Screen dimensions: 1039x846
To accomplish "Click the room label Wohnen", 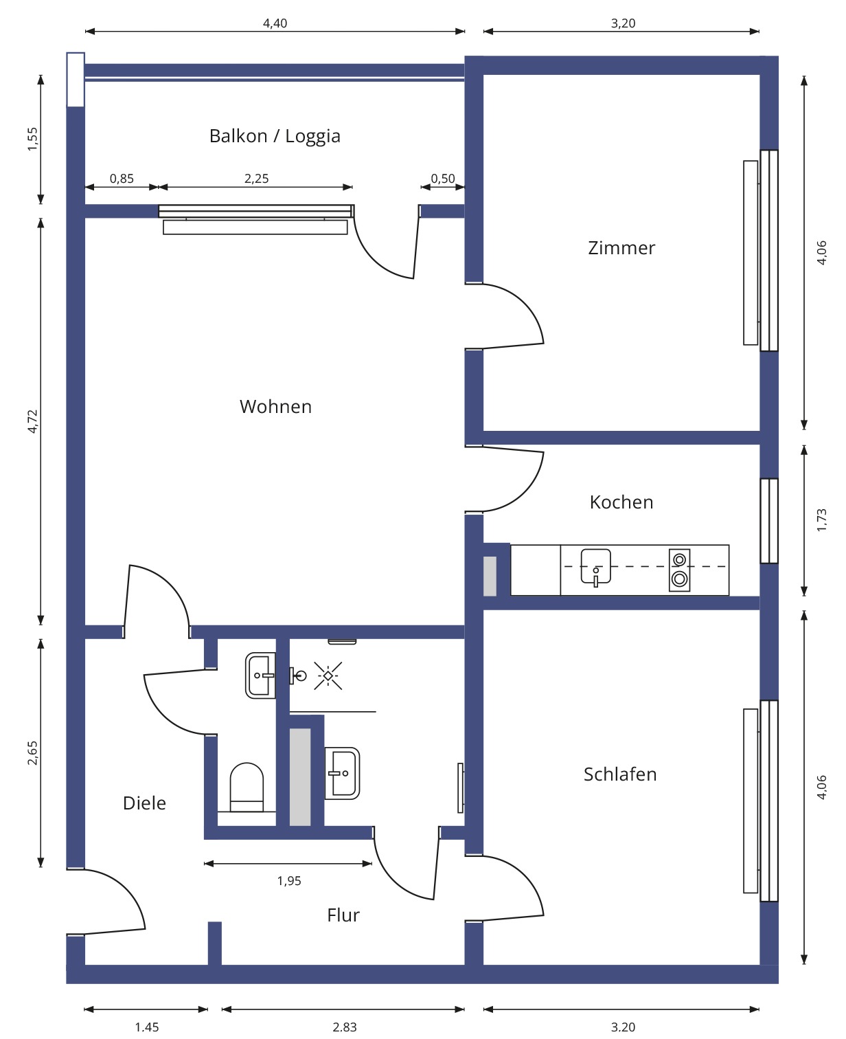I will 275,407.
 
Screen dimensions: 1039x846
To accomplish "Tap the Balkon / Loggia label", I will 275,136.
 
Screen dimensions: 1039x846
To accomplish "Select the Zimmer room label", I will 621,248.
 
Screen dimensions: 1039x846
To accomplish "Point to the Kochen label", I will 621,502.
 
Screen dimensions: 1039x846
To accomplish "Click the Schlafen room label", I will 620,774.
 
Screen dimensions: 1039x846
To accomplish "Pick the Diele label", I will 144,803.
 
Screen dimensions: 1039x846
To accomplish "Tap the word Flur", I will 343,915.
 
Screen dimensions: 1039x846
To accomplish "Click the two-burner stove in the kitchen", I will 679,570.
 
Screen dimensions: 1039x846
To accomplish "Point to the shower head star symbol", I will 328,676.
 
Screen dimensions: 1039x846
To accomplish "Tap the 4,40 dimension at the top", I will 275,23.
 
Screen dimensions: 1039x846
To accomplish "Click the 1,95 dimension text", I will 289,881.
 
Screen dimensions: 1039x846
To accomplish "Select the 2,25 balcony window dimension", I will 256,179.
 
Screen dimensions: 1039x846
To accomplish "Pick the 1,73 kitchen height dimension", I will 822,520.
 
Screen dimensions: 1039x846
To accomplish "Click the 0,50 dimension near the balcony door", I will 443,179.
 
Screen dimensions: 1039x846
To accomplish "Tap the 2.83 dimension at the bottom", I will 345,1027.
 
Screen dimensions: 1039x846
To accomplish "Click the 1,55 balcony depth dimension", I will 32,139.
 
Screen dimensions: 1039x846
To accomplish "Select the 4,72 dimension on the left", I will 32,421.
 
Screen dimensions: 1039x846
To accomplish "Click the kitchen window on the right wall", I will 769,520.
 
